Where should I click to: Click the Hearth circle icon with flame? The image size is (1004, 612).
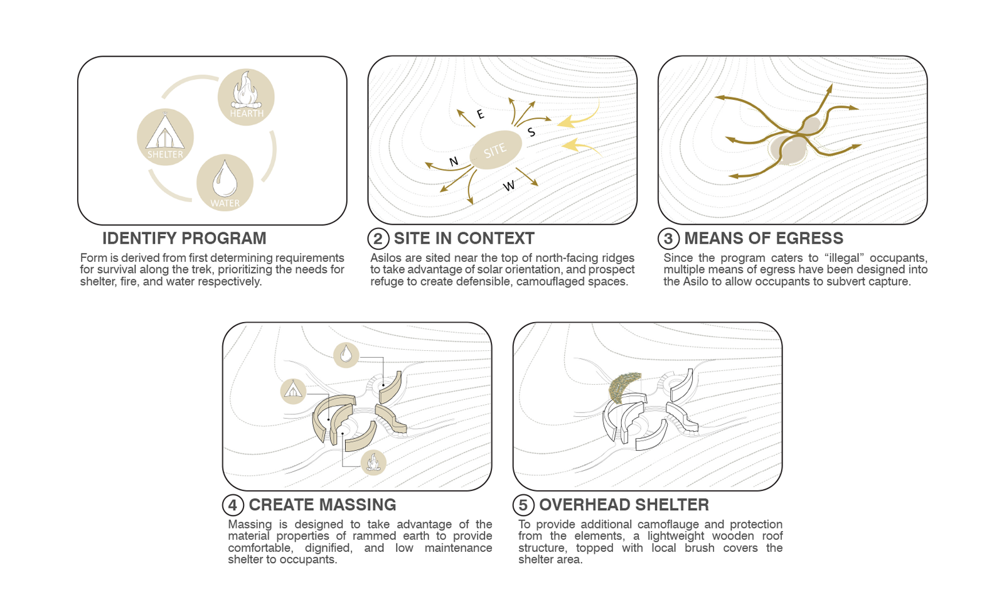coord(246,97)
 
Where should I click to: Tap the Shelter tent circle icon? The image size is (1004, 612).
coord(166,137)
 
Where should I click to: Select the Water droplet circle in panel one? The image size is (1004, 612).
coord(225,183)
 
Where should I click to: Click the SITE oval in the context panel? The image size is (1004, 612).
coord(496,150)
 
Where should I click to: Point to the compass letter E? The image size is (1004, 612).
coord(481,114)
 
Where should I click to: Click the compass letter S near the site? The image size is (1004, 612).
coord(531,132)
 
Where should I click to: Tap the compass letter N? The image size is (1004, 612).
coord(454,161)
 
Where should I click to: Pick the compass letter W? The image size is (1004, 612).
coord(509,186)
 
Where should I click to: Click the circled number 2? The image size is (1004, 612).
coord(378,239)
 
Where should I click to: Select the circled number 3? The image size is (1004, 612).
coord(668,239)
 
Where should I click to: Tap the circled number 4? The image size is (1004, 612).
coord(233,505)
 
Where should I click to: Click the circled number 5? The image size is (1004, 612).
coord(523,505)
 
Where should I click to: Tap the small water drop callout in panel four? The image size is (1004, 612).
coord(346,355)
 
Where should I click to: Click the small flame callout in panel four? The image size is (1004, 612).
coord(373,462)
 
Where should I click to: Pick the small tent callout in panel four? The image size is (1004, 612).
coord(293,391)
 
